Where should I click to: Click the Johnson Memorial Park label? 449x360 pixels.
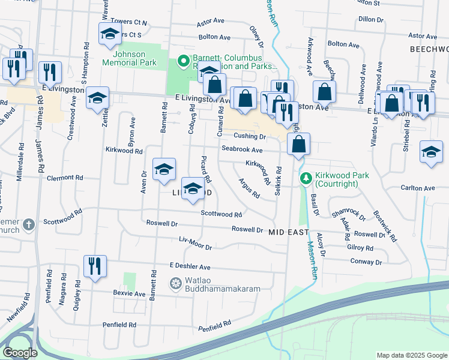pos(129,58)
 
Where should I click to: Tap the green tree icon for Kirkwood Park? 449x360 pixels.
pos(306,179)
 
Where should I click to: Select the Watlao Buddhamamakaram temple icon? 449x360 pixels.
pos(176,283)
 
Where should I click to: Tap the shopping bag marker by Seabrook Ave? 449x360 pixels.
pos(298,145)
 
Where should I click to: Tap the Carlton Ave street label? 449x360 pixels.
pos(421,188)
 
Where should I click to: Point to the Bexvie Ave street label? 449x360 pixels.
pos(130,294)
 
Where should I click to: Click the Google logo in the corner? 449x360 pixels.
pos(20,353)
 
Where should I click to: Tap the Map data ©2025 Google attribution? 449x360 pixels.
pos(412,355)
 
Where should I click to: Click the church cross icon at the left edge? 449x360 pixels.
pos(28,226)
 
